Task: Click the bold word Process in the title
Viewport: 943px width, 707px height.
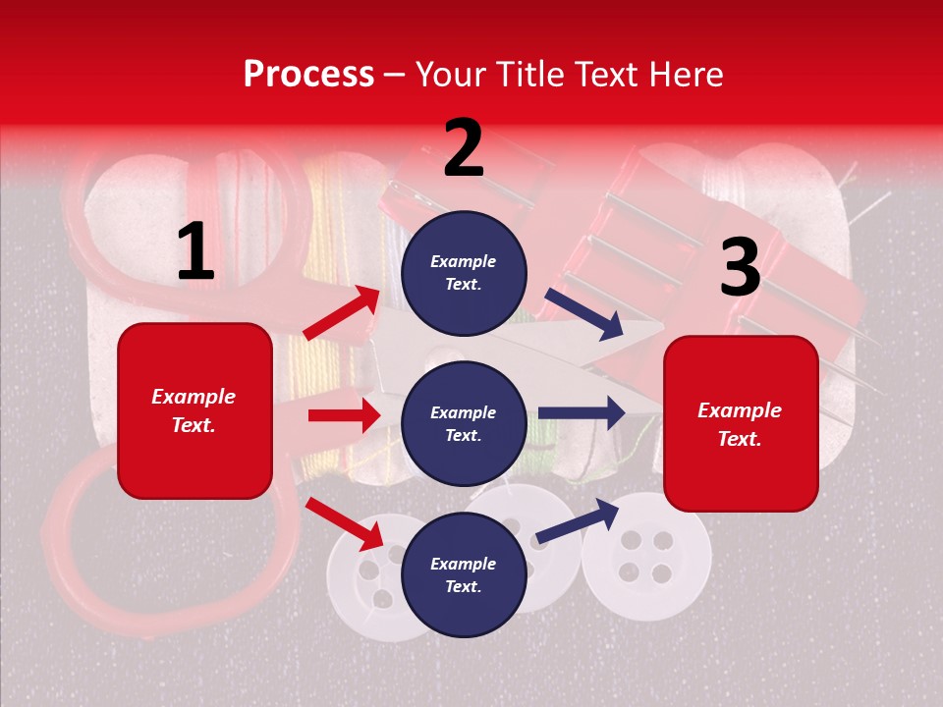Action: (x=308, y=75)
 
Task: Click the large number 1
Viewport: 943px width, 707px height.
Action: (x=195, y=252)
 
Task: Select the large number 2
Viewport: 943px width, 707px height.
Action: (x=464, y=148)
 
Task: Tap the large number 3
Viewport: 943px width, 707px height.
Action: (x=740, y=268)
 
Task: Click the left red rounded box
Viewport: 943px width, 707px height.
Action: (x=194, y=410)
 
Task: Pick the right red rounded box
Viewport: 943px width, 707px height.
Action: (x=741, y=424)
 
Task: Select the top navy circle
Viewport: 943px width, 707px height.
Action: (x=464, y=273)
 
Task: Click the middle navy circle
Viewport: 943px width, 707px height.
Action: (x=464, y=424)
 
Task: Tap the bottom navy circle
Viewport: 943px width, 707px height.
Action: (x=464, y=575)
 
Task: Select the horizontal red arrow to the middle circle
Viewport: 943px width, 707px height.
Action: (x=344, y=415)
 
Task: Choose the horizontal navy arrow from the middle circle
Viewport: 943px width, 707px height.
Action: (x=582, y=412)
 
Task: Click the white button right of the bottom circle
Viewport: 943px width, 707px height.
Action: (x=645, y=556)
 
